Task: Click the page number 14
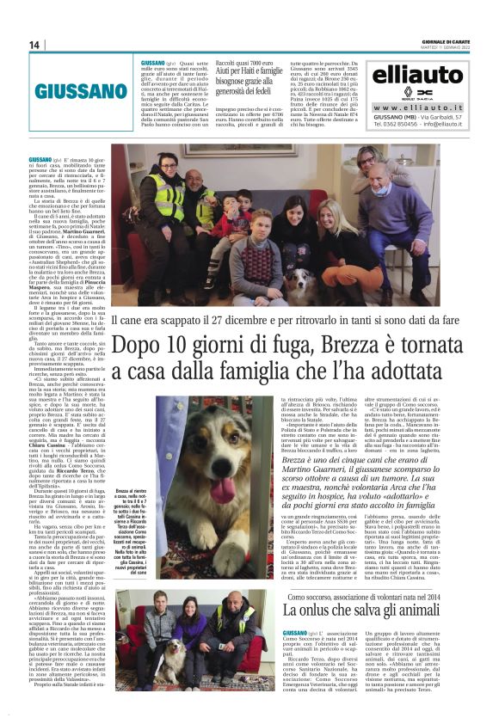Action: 35,45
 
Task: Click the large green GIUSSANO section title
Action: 81,91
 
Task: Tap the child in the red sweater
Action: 227,228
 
